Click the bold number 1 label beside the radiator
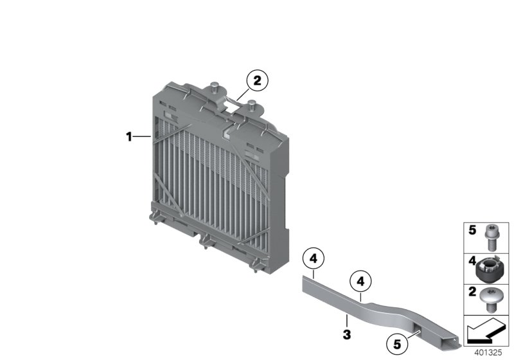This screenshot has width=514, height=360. (129, 136)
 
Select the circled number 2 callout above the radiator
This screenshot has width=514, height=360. (258, 80)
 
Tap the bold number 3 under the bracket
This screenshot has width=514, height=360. (347, 335)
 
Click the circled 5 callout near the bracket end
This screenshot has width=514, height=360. (397, 345)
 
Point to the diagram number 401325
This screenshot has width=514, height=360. (488, 352)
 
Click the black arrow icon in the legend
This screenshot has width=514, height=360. (486, 331)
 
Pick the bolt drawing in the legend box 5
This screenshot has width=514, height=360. (491, 237)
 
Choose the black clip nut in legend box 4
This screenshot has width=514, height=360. (488, 269)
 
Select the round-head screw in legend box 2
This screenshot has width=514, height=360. (489, 300)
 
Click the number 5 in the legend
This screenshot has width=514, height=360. (472, 230)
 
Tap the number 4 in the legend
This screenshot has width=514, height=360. (472, 261)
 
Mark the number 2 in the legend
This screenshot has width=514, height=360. (472, 292)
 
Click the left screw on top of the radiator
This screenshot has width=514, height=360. (215, 86)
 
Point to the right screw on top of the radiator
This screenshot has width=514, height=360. (252, 105)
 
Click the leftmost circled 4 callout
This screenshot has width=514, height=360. (314, 258)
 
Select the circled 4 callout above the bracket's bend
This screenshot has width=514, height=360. (360, 282)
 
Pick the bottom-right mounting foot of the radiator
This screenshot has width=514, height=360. (257, 265)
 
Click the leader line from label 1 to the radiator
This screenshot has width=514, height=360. (142, 136)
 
